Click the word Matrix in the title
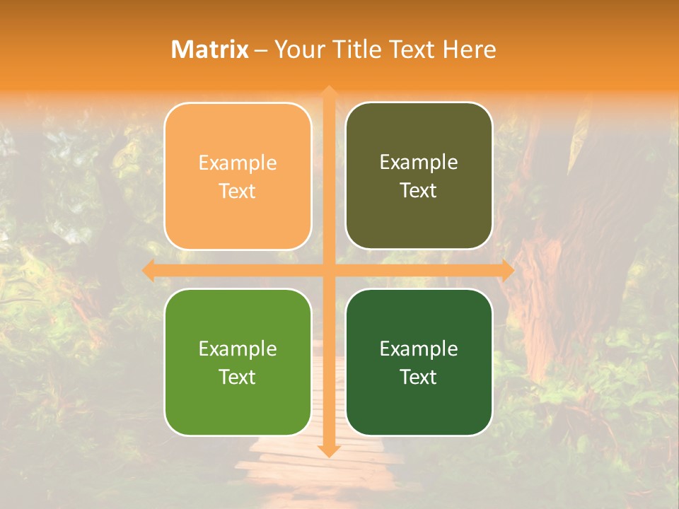point(210,49)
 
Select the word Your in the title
point(296,49)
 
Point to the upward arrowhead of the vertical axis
point(328,93)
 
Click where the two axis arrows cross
point(328,270)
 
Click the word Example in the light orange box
point(238,163)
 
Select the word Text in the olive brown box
point(419,191)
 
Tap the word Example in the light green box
point(238,349)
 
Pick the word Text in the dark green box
point(419,377)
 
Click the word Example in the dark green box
point(419,349)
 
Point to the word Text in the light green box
point(238,377)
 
